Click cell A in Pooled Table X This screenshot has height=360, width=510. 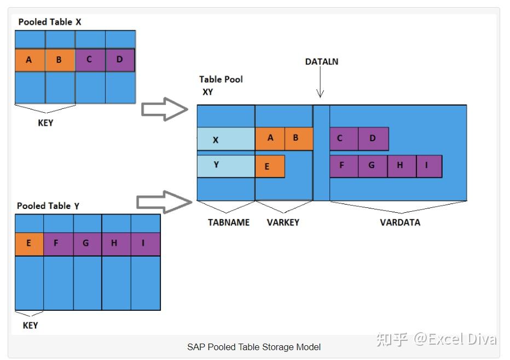tap(30, 60)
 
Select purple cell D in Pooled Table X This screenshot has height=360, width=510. tap(120, 60)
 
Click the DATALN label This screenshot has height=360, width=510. tap(321, 62)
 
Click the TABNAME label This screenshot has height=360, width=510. tap(228, 223)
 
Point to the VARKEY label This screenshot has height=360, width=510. tap(282, 223)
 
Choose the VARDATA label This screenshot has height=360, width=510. tap(400, 223)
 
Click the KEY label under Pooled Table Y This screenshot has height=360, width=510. tap(30, 325)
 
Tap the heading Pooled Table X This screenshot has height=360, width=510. tap(50, 22)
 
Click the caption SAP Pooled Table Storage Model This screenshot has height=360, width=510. tap(254, 347)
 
